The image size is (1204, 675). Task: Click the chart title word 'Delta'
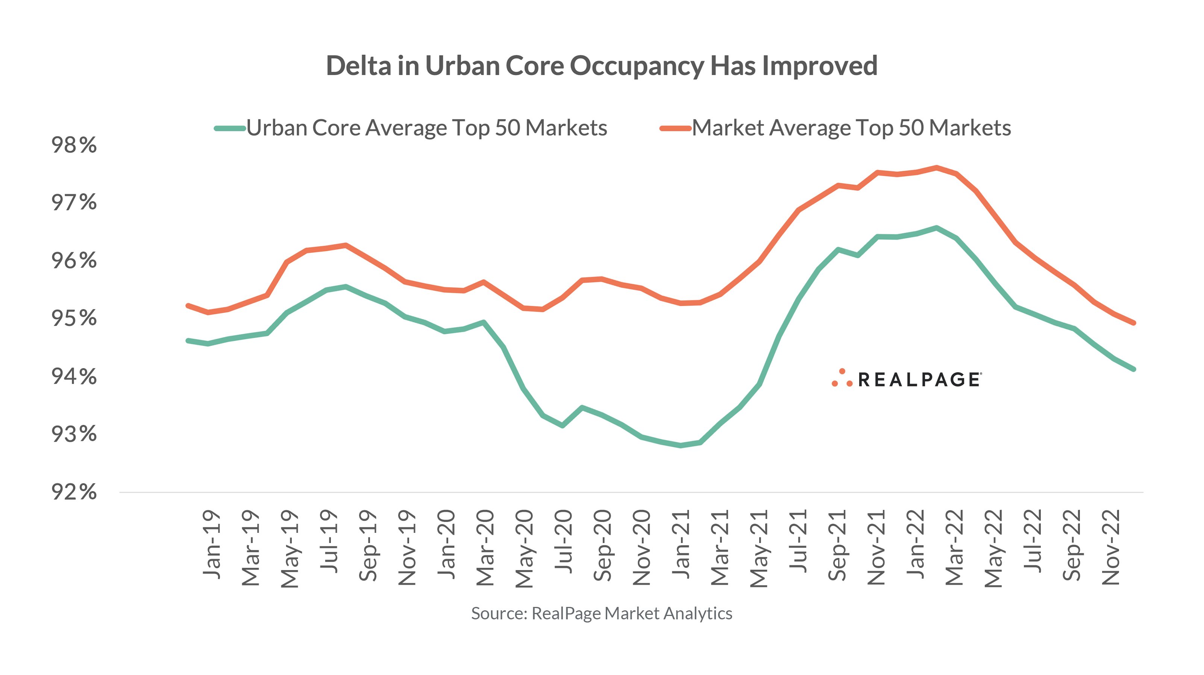click(x=358, y=65)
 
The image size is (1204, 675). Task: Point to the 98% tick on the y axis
click(x=74, y=145)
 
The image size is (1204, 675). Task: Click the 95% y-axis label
click(x=74, y=319)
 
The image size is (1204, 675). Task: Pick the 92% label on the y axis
click(x=74, y=492)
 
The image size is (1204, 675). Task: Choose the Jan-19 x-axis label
click(x=212, y=545)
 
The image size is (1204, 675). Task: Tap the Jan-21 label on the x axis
click(x=681, y=545)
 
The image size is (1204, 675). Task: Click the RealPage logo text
click(x=919, y=379)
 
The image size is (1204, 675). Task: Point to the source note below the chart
click(x=602, y=613)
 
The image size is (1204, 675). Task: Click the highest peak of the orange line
click(x=937, y=167)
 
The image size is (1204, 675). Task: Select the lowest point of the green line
click(x=681, y=446)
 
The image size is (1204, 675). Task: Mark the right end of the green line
click(x=1133, y=369)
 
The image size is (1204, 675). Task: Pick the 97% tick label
click(x=74, y=203)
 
